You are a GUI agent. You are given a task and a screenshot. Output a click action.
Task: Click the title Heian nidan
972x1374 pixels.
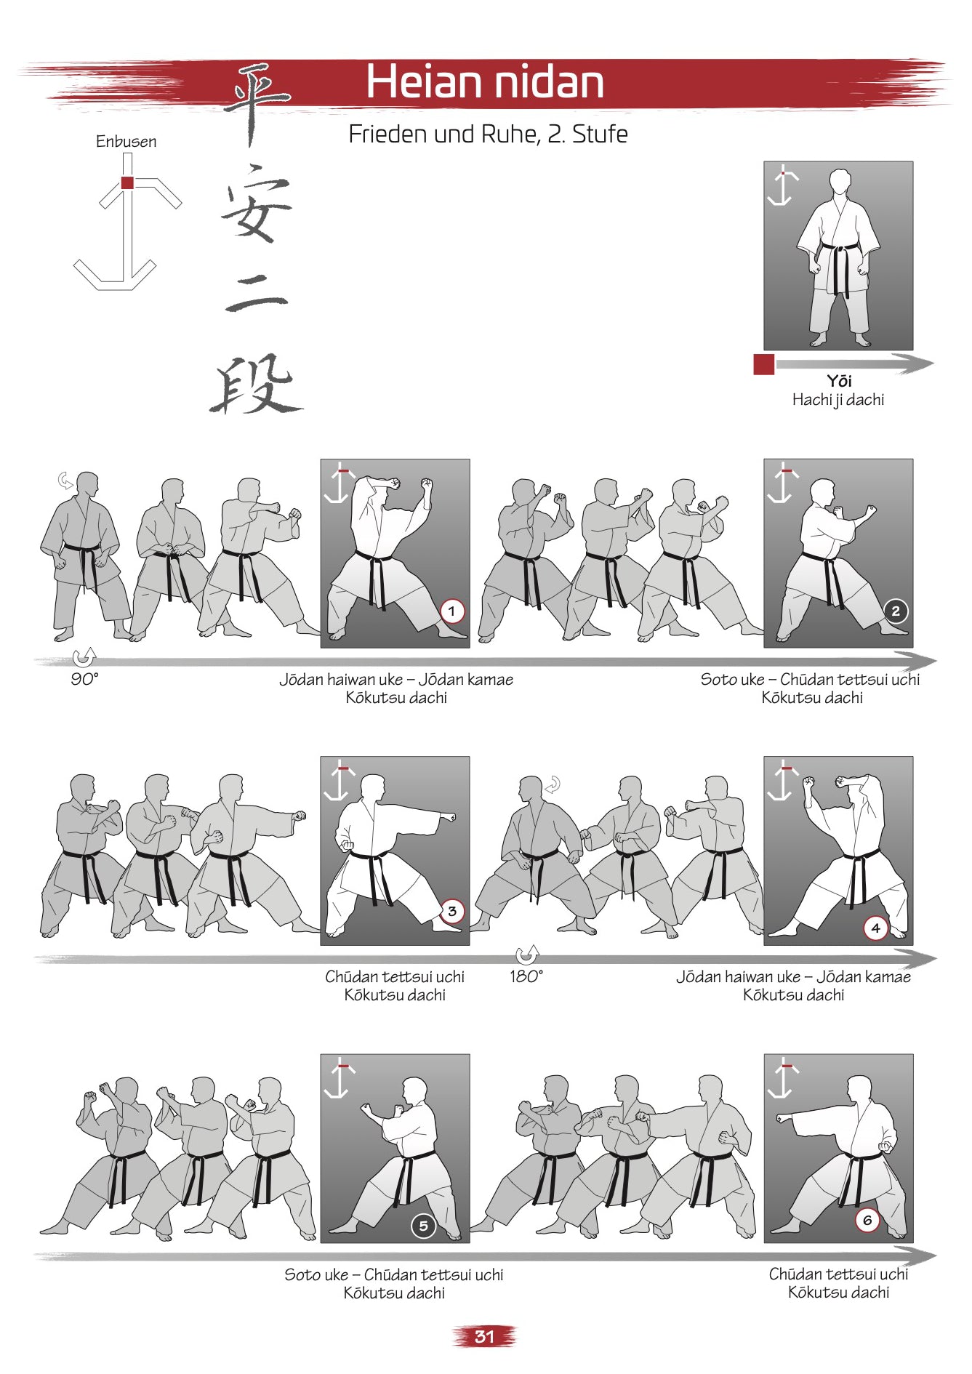[x=485, y=81]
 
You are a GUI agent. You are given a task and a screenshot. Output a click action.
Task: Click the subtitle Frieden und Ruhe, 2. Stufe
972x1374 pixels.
[x=488, y=134]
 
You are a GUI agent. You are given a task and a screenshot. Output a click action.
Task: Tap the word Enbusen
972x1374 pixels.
[x=126, y=142]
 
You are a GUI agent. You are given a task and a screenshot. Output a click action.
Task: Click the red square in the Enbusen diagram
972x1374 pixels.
[x=127, y=182]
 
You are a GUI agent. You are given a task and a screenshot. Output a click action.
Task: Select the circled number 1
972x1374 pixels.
[x=451, y=611]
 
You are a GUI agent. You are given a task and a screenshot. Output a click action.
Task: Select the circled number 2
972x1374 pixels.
[x=895, y=611]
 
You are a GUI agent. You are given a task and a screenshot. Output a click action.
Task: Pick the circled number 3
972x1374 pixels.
[x=451, y=911]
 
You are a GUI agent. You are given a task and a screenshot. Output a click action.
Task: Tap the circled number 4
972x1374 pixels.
[x=875, y=928]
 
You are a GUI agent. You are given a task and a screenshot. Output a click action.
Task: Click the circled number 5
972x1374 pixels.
[x=423, y=1226]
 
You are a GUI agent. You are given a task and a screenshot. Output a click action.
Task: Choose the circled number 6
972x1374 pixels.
[x=867, y=1221]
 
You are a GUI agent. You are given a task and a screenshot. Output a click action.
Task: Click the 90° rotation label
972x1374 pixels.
[x=84, y=679]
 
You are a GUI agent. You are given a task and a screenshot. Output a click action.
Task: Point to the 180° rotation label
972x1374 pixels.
[x=526, y=976]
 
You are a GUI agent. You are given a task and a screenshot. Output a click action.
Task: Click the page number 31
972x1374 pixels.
[x=484, y=1336]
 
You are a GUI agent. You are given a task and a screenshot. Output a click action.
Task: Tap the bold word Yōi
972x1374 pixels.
[x=838, y=381]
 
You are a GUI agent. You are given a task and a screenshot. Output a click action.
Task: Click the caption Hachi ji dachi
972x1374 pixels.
[x=838, y=400]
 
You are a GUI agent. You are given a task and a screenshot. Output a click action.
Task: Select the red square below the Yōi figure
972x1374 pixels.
[x=763, y=364]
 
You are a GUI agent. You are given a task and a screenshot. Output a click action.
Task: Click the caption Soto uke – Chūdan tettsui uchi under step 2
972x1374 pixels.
[x=810, y=680]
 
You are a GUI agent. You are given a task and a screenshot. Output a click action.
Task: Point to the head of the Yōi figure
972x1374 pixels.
[x=840, y=182]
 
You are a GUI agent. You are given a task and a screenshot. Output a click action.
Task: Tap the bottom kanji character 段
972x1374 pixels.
[x=256, y=384]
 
